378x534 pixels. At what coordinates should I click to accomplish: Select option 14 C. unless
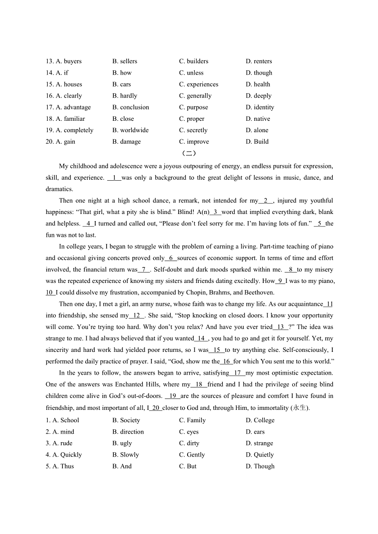(x=191, y=73)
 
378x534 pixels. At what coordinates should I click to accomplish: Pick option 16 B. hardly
(x=124, y=96)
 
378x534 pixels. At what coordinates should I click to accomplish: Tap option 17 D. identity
(x=259, y=107)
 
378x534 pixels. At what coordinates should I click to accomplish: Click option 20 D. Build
(x=257, y=141)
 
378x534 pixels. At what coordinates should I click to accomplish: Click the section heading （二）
(x=189, y=153)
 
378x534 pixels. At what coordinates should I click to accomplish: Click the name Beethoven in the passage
(x=258, y=292)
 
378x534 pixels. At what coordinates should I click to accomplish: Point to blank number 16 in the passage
(x=227, y=361)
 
